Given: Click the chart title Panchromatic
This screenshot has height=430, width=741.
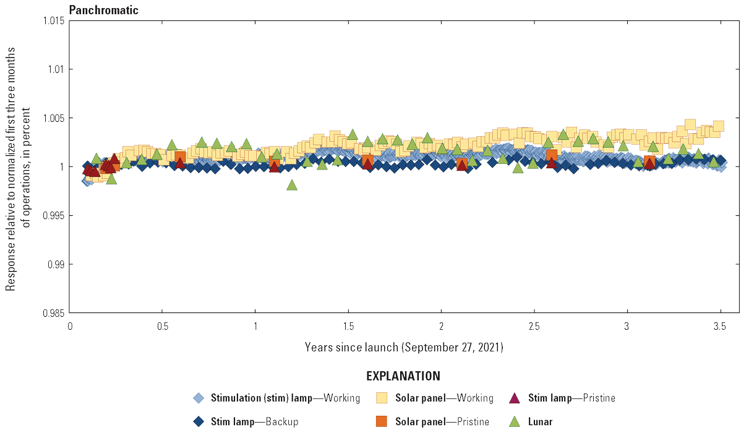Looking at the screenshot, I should click(103, 10).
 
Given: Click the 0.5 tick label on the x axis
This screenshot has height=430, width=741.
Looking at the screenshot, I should click(162, 326).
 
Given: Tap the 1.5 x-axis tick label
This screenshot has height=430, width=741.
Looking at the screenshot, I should click(348, 326).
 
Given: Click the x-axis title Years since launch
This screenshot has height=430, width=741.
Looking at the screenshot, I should click(404, 347).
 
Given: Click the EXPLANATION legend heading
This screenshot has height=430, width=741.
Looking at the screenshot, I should click(403, 376).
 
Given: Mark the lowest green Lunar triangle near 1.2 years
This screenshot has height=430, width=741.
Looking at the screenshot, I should click(292, 185).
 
